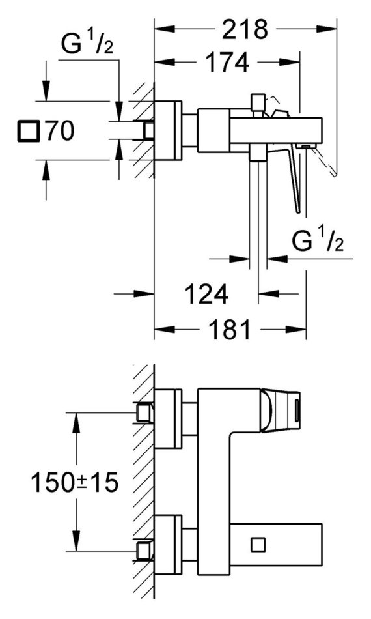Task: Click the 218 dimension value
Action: pyautogui.click(x=245, y=29)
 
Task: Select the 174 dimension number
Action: pyautogui.click(x=228, y=62)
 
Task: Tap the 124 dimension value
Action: pyautogui.click(x=206, y=294)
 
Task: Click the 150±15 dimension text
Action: pyautogui.click(x=75, y=482)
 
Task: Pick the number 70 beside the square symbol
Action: pyautogui.click(x=59, y=131)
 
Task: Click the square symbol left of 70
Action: pyautogui.click(x=29, y=131)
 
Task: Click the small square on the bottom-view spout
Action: pyautogui.click(x=258, y=545)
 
